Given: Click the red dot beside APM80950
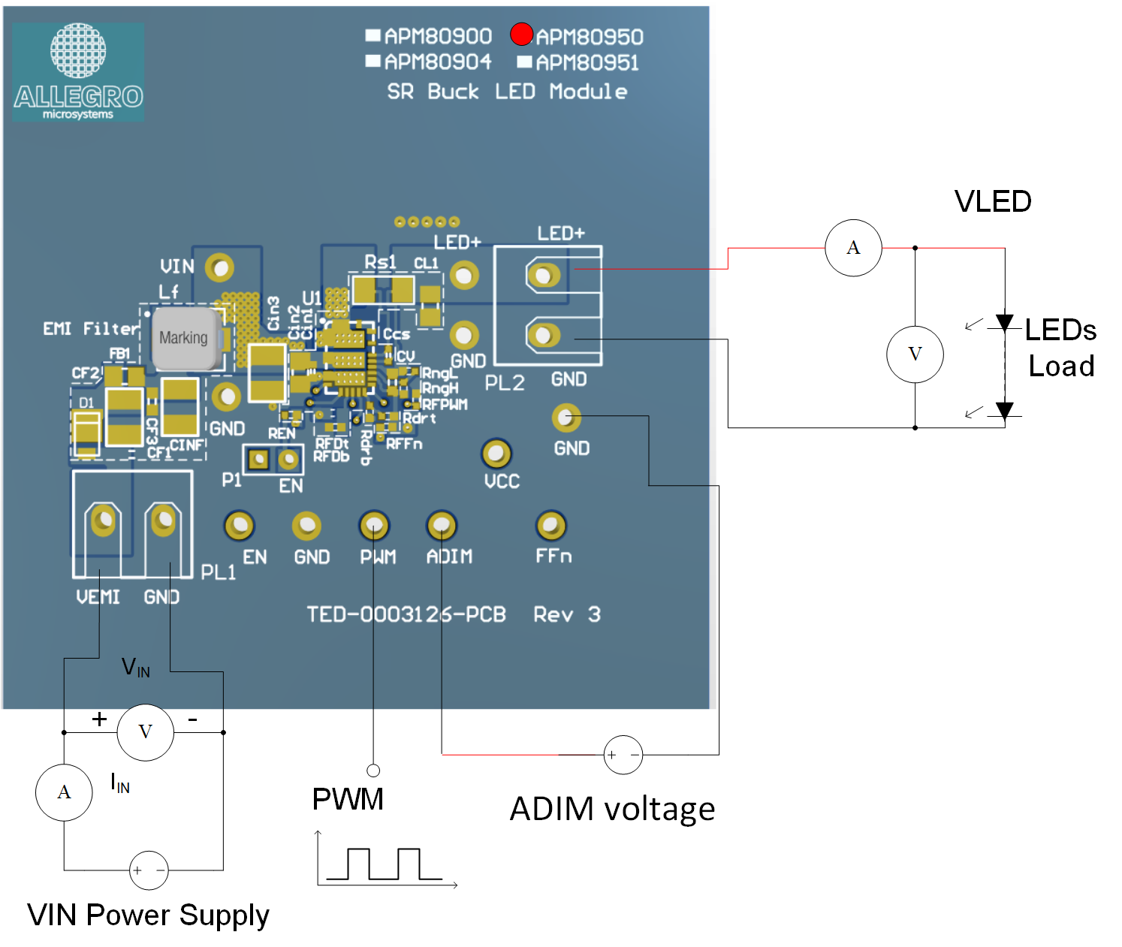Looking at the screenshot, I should [x=521, y=35].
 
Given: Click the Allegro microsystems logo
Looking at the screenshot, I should [x=78, y=73].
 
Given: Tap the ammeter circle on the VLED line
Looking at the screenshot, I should [x=853, y=248].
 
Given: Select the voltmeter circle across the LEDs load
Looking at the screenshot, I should [x=915, y=354].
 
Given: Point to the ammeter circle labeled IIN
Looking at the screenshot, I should [x=64, y=792].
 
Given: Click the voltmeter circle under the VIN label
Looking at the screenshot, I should [x=145, y=732].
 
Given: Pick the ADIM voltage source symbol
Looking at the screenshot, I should [x=623, y=755].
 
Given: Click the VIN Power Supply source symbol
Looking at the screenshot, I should [x=149, y=870].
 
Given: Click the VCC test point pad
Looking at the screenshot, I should [x=496, y=453].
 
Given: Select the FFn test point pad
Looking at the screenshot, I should [x=551, y=526].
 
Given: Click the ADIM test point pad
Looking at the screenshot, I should [x=442, y=526].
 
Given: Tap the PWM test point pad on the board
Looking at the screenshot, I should [x=374, y=526].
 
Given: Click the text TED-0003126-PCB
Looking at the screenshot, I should [x=406, y=615].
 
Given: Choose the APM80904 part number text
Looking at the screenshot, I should [x=438, y=62].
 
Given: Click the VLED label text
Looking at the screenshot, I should [x=993, y=201].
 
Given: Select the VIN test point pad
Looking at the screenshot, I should [x=219, y=267].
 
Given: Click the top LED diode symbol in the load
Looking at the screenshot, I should [x=1005, y=323].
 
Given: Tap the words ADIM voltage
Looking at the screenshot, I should [x=612, y=810].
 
